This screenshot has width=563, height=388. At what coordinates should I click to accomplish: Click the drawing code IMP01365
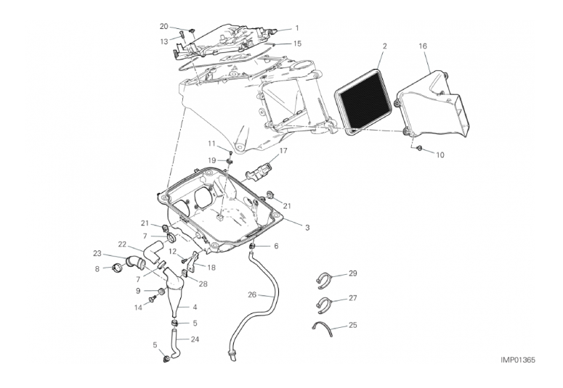click(x=518, y=360)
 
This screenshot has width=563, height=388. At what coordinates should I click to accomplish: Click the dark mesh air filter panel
click(x=363, y=102)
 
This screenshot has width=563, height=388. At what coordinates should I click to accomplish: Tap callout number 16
click(x=423, y=46)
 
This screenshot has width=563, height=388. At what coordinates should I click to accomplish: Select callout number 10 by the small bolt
click(x=440, y=155)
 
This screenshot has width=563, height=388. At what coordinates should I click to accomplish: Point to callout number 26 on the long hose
click(x=252, y=294)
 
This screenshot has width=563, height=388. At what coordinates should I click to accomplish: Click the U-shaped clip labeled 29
click(x=324, y=281)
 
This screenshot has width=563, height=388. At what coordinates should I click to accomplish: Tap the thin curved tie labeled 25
click(x=323, y=327)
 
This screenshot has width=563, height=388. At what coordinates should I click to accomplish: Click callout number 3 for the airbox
click(x=307, y=227)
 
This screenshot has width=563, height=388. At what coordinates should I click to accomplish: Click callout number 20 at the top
click(x=163, y=26)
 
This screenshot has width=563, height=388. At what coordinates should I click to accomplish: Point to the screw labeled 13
click(x=181, y=35)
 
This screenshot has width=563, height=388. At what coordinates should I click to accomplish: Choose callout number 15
click(x=297, y=44)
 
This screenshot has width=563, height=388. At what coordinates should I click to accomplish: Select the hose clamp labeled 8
click(x=117, y=267)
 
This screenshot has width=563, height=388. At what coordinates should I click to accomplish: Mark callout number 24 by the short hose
click(x=195, y=339)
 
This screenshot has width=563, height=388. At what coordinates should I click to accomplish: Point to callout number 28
click(x=203, y=284)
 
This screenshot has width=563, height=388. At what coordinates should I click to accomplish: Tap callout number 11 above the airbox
click(x=211, y=144)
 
